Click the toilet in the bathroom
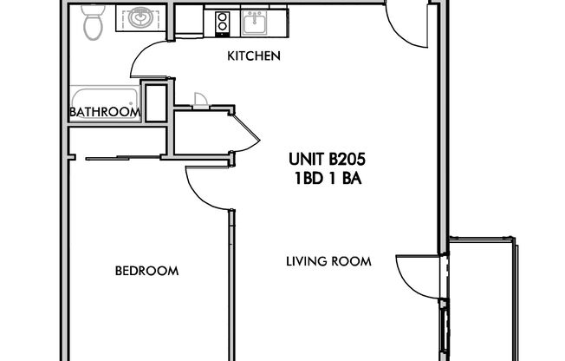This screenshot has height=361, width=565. pos(94,24)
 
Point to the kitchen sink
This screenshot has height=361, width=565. pos(255,22)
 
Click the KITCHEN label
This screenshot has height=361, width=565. pos(253,56)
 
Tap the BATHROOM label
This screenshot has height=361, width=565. pos(105,112)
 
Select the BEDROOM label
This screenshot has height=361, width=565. pos(146,271)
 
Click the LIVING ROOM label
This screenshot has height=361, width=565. pos(329,260)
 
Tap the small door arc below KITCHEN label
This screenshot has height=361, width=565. pos(201,99)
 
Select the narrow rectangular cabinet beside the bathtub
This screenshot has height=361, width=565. pos(156,102)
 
